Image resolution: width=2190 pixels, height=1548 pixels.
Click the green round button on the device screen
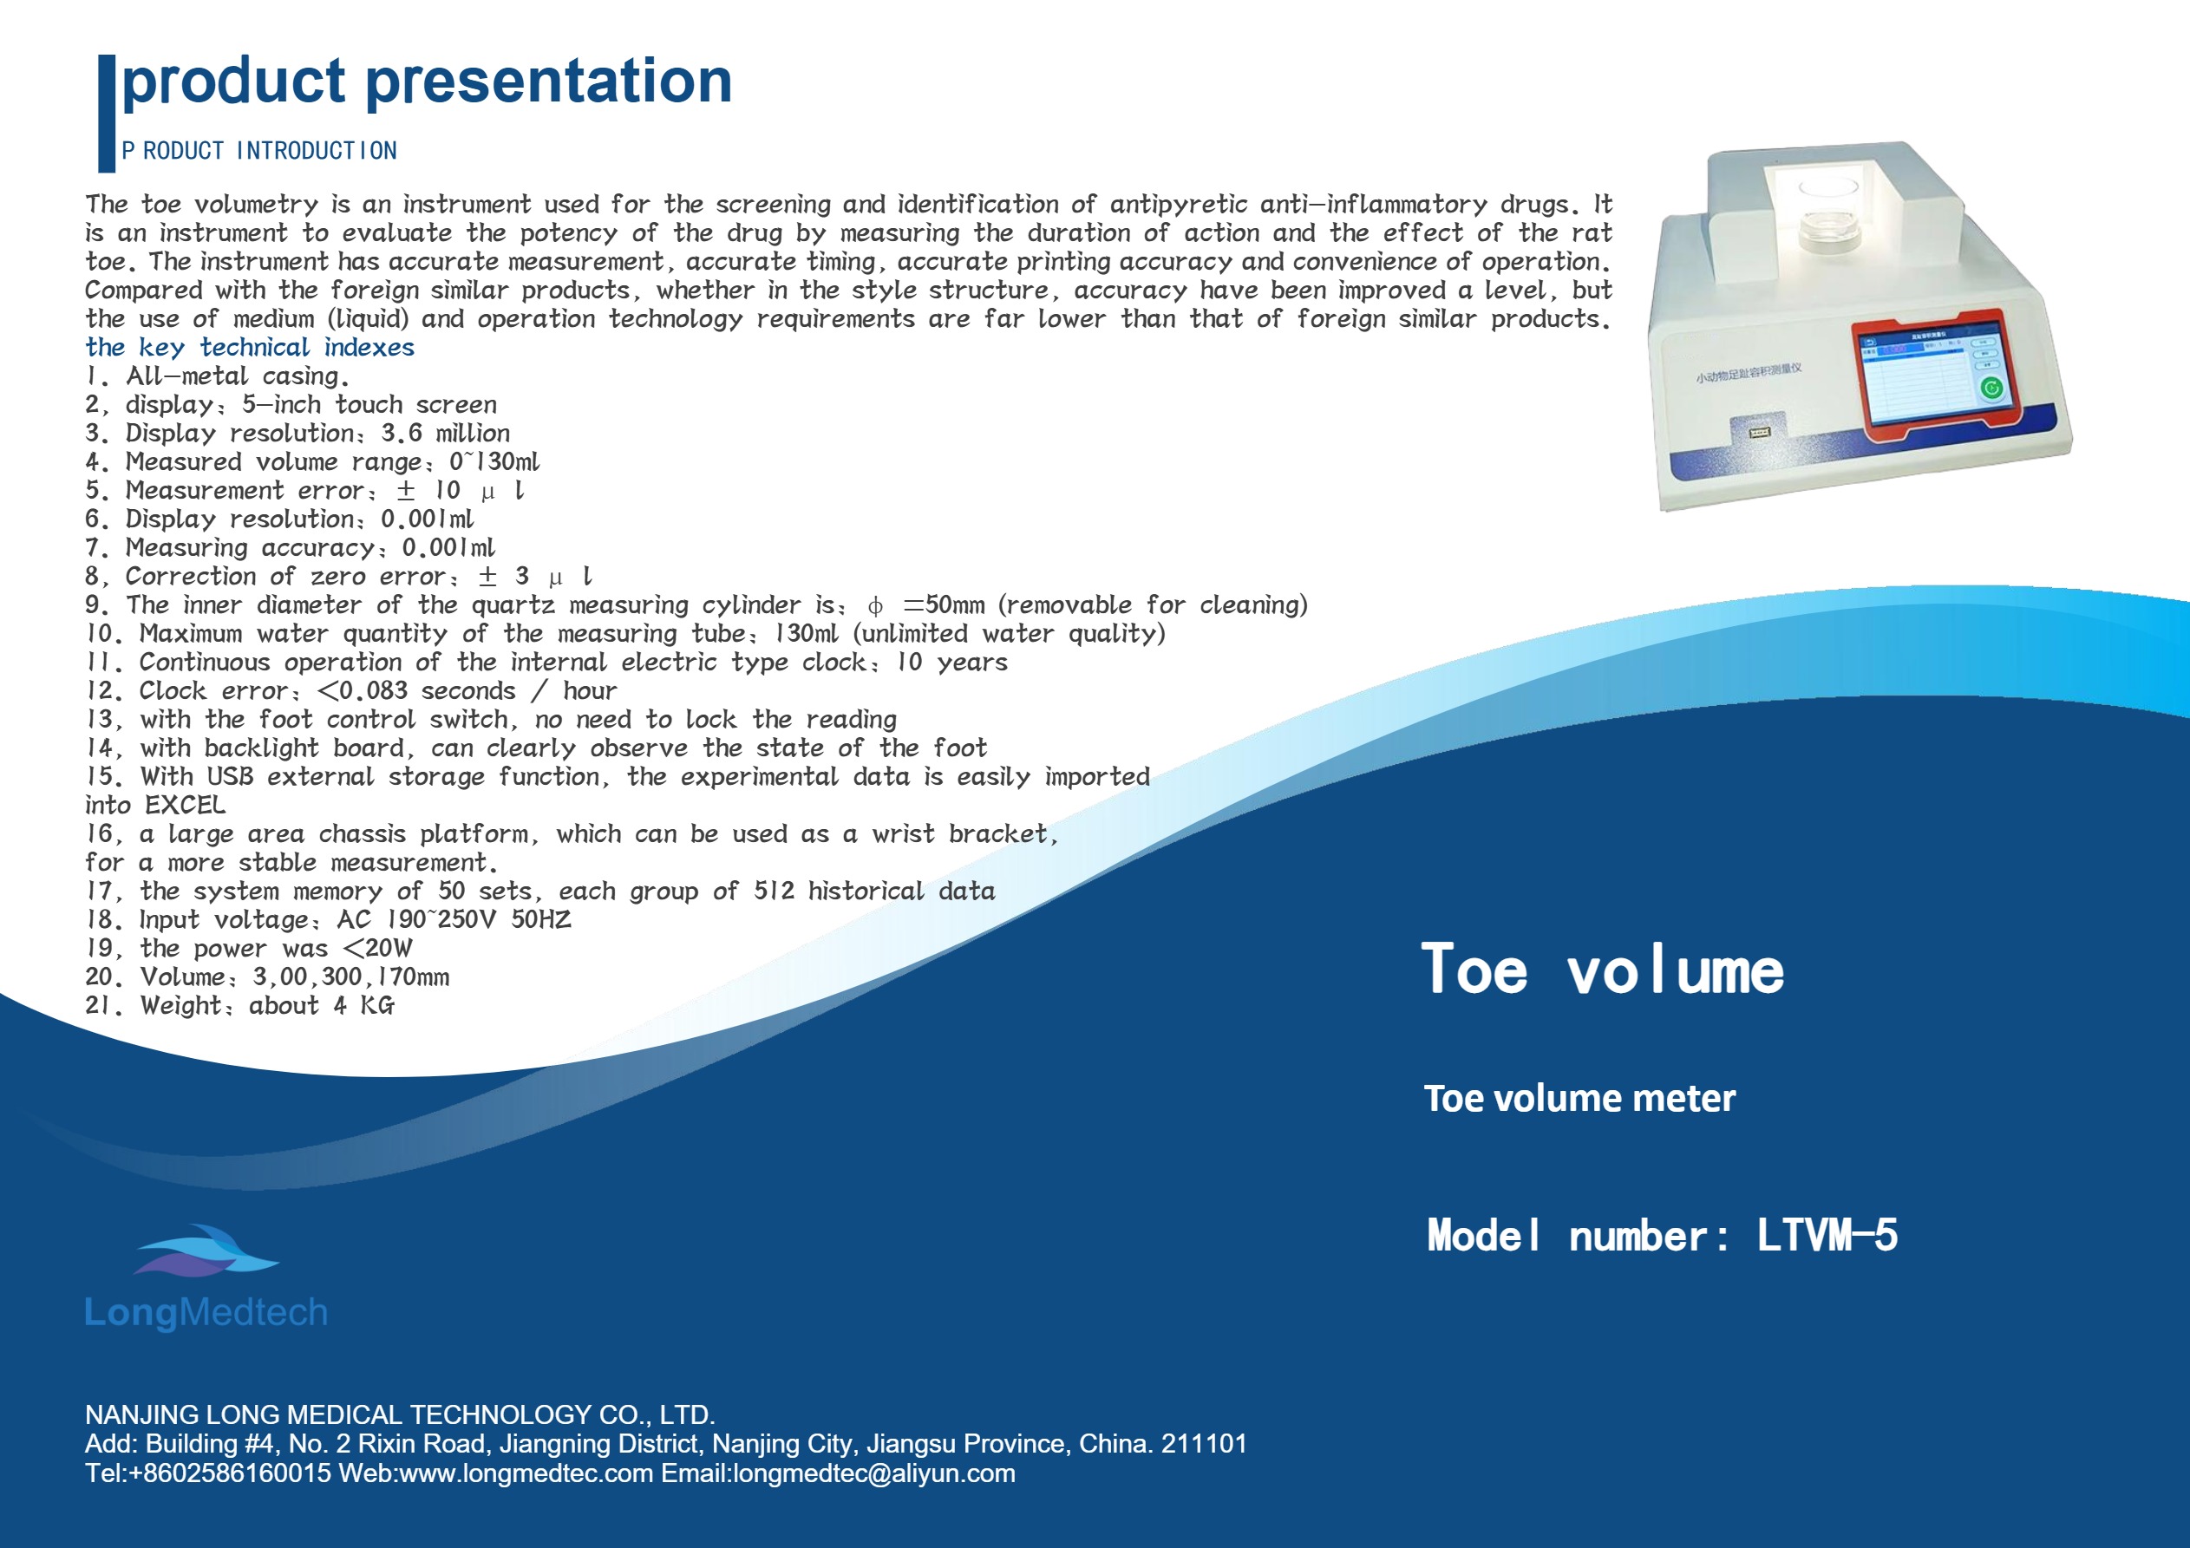[x=1991, y=388]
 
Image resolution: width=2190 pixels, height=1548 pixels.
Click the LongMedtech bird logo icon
[x=205, y=1251]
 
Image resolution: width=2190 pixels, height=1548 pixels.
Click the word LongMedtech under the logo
[x=206, y=1312]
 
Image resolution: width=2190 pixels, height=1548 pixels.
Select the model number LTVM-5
[x=1827, y=1235]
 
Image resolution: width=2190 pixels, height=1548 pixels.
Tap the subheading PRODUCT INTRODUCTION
[x=259, y=151]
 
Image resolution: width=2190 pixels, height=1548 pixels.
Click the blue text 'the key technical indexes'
[x=250, y=347]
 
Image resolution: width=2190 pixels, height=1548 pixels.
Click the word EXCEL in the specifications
[x=185, y=805]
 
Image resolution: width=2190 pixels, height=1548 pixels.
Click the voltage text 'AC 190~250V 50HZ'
[x=454, y=919]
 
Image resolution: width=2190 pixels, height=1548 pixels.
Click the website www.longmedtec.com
[x=526, y=1473]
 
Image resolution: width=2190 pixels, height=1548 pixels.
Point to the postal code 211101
[x=1204, y=1443]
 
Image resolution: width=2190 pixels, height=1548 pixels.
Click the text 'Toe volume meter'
[x=1579, y=1098]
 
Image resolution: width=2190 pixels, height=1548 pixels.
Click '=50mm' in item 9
[x=944, y=604]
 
